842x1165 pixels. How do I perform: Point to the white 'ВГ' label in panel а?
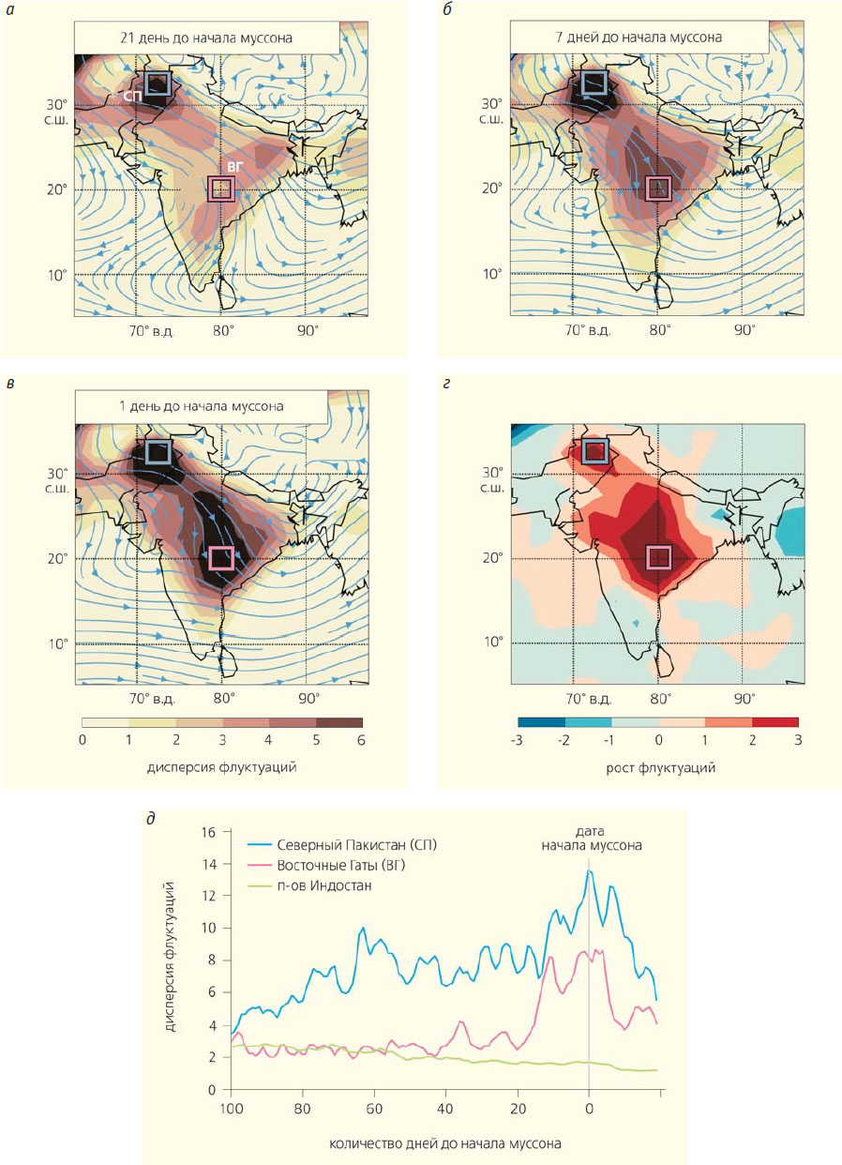[235, 167]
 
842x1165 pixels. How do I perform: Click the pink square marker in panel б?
[658, 188]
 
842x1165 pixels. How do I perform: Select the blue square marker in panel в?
[157, 452]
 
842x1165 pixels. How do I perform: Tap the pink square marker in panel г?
[658, 557]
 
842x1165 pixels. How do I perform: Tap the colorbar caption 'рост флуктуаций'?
[658, 768]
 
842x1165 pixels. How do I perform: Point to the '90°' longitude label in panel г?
[744, 699]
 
